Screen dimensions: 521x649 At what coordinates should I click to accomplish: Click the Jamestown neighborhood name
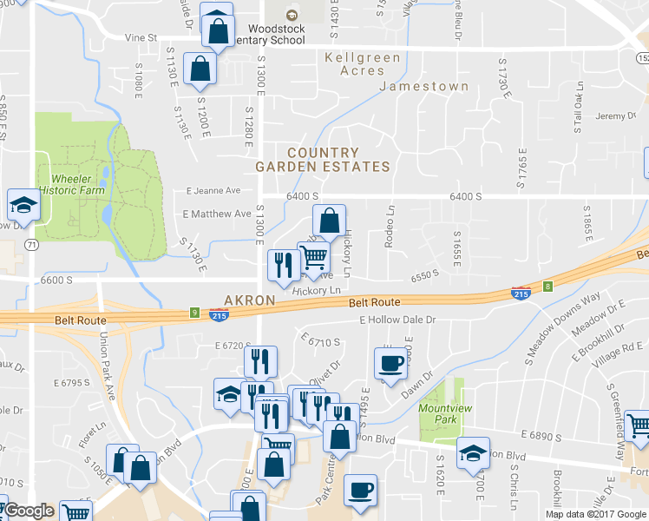[424, 87]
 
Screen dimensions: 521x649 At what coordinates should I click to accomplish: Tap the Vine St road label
[140, 38]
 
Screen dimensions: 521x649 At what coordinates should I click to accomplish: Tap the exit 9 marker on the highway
[194, 313]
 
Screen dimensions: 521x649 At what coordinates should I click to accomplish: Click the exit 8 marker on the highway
[547, 286]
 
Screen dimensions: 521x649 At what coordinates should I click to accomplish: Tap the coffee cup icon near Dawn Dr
[390, 363]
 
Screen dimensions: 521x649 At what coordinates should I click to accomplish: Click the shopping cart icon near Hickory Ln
[313, 257]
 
